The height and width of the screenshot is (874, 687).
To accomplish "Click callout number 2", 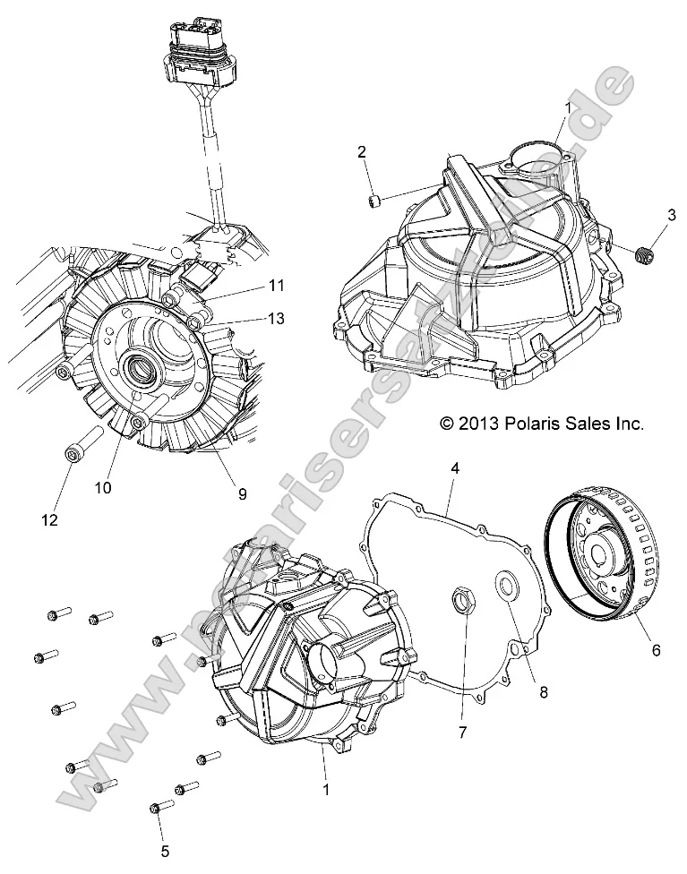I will [x=361, y=151].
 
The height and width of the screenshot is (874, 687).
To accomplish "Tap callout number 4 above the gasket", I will [x=455, y=468].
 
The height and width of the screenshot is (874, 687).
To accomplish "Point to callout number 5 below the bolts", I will [x=164, y=850].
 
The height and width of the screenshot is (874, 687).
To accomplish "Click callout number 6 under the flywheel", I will [x=656, y=650].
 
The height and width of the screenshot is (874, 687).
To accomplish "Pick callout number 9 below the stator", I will [x=240, y=493].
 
